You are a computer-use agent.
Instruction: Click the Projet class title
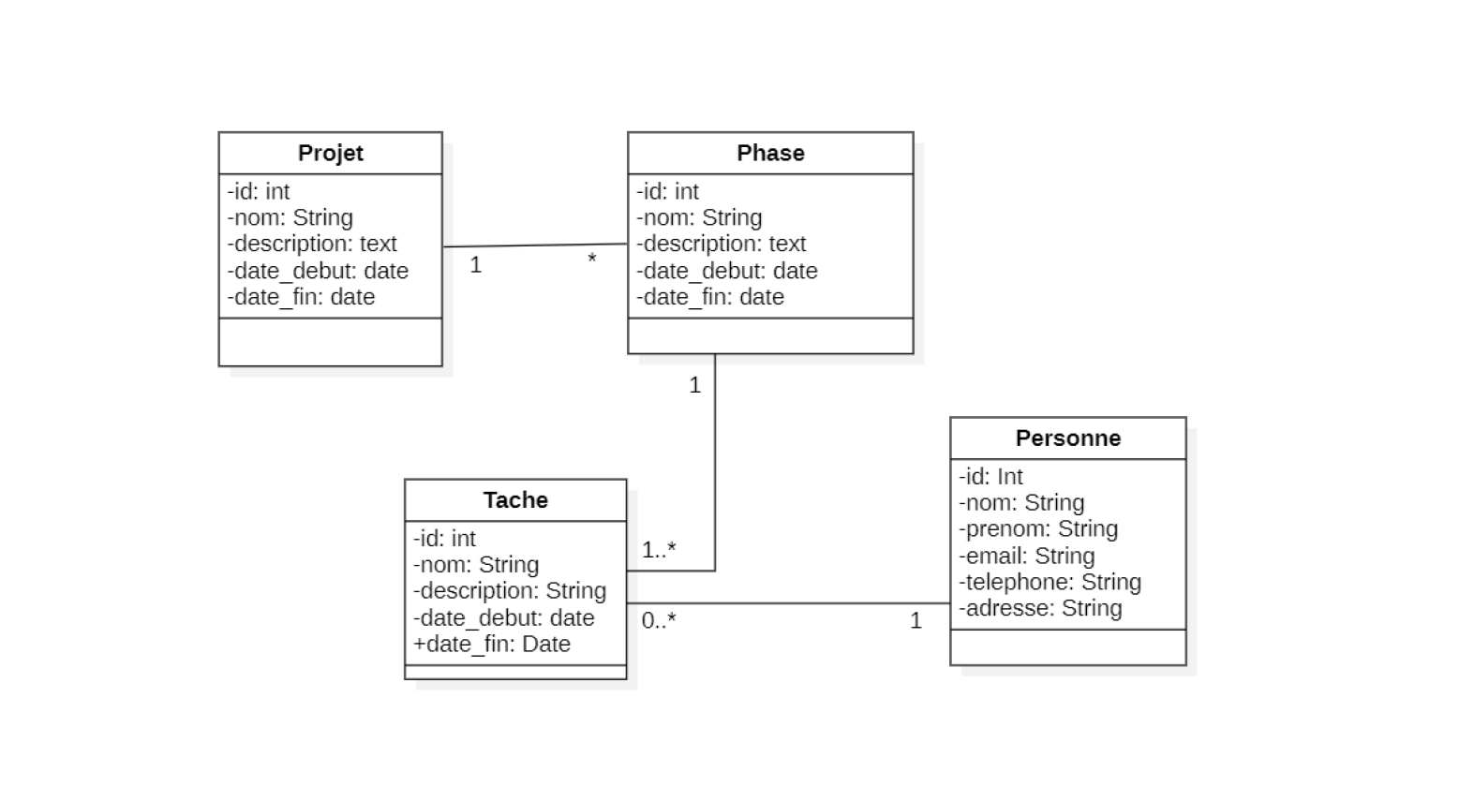pos(330,153)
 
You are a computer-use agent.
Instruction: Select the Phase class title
pos(770,153)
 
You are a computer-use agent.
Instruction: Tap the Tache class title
pos(515,499)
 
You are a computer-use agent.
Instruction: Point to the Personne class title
pos(1067,438)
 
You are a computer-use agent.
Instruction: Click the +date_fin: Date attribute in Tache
pos(492,644)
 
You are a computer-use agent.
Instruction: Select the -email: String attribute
pos(1026,556)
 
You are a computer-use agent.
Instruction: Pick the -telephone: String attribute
pos(1050,582)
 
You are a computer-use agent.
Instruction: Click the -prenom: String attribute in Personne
pos(1038,528)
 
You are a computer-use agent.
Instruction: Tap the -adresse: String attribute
pos(1040,608)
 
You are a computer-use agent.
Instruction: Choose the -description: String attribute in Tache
pos(510,591)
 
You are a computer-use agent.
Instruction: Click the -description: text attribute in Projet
pos(312,244)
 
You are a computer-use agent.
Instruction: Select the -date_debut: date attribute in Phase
pos(727,271)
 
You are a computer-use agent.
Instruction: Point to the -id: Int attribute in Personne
pos(990,476)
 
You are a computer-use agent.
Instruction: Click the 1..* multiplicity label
pos(659,550)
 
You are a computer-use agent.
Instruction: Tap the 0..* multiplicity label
pos(659,620)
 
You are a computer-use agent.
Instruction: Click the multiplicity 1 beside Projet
pos(476,265)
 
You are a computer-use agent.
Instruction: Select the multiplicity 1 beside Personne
pos(916,620)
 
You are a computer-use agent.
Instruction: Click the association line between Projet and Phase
pos(534,245)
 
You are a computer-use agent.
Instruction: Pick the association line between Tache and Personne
pos(787,603)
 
